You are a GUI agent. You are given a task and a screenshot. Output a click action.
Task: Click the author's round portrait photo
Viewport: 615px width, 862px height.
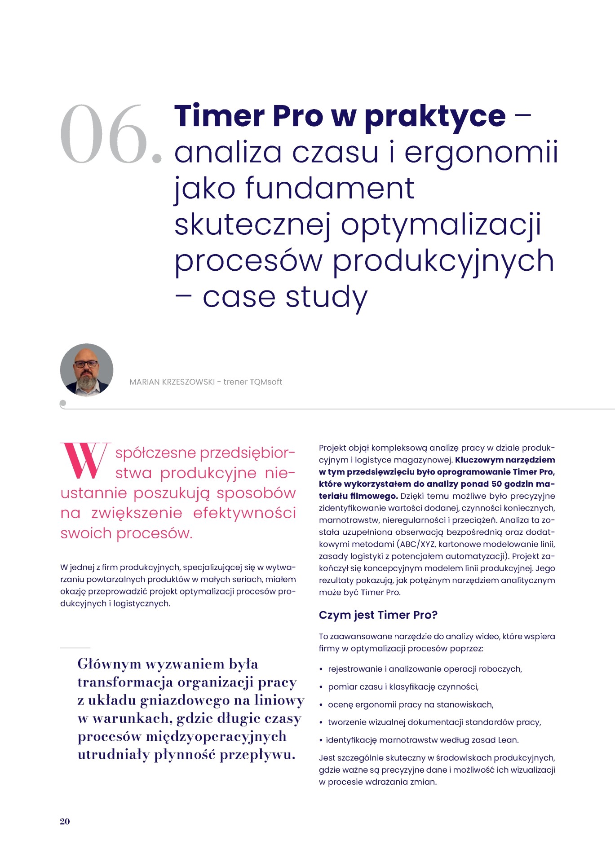[x=87, y=370]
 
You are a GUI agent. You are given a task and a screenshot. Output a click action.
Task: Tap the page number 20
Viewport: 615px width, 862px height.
[x=65, y=821]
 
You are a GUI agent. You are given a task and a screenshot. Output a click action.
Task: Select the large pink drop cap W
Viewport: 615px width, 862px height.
[x=85, y=461]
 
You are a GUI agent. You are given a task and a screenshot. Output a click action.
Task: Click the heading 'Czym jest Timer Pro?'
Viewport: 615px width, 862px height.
[x=378, y=615]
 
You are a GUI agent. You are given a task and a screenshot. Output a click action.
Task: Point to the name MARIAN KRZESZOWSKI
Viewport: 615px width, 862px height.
[x=172, y=382]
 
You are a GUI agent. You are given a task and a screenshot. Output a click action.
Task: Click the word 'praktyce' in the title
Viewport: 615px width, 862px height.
[x=434, y=116]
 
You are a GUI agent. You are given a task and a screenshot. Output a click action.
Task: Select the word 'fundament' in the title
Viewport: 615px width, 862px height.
[x=330, y=188]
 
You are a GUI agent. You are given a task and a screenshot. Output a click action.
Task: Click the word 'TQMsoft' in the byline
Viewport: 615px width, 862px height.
[x=266, y=382]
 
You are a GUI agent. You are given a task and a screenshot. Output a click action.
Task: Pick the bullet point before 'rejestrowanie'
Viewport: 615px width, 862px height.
[x=321, y=669]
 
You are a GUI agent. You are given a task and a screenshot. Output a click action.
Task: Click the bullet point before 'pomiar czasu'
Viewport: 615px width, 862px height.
[x=321, y=687]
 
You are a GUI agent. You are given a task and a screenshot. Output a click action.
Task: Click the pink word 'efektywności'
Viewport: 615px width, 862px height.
[x=244, y=513]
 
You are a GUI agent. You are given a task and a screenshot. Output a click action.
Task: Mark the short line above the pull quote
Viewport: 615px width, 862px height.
[x=75, y=648]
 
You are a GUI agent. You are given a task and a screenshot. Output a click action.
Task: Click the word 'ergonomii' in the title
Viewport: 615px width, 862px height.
[x=481, y=152]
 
